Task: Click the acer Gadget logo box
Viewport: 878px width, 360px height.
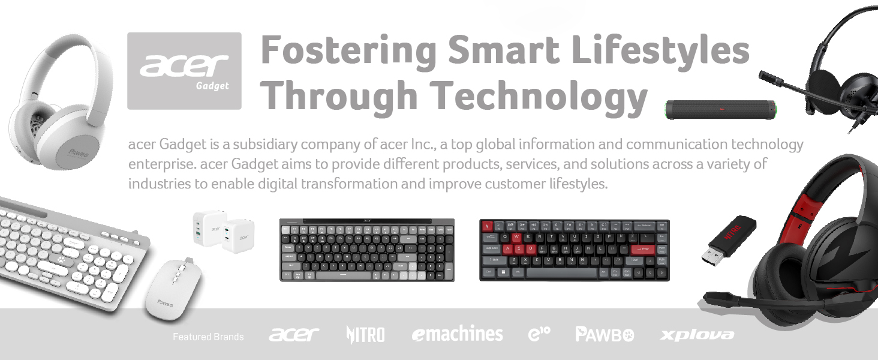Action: pyautogui.click(x=184, y=71)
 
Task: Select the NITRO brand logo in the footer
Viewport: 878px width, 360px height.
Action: pyautogui.click(x=365, y=334)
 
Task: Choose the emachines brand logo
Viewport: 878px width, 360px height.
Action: pyautogui.click(x=457, y=334)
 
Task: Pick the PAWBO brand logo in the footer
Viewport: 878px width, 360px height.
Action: pyautogui.click(x=605, y=334)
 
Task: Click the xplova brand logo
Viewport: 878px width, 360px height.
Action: pyautogui.click(x=696, y=335)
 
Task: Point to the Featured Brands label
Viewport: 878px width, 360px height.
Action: pyautogui.click(x=208, y=337)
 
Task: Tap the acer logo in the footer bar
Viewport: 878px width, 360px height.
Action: pyautogui.click(x=294, y=334)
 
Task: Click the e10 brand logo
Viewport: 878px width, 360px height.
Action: pyautogui.click(x=540, y=334)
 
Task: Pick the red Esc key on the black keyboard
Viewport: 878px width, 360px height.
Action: pyautogui.click(x=488, y=226)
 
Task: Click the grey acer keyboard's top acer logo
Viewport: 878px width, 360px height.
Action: pyautogui.click(x=366, y=221)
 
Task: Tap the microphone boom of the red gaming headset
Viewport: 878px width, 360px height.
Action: pyautogui.click(x=738, y=298)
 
